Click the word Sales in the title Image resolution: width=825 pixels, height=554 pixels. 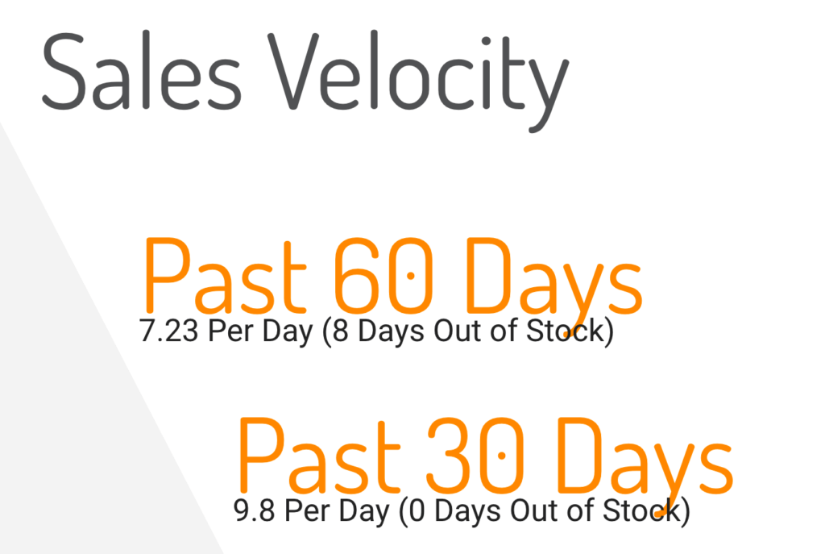click(x=141, y=71)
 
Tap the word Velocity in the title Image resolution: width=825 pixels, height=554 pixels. click(x=418, y=80)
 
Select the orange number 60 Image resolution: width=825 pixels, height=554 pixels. click(x=383, y=275)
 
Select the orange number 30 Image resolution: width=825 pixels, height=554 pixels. click(x=475, y=455)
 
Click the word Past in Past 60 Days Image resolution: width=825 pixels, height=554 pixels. click(x=225, y=275)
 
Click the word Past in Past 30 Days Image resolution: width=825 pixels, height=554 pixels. click(x=318, y=455)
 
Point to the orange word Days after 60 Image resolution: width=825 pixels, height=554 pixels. click(x=554, y=285)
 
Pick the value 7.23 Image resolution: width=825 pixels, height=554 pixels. click(x=169, y=331)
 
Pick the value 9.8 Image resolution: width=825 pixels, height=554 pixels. click(x=254, y=510)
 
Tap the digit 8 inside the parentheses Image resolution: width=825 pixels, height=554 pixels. click(x=341, y=331)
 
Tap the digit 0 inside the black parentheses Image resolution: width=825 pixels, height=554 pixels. click(x=417, y=510)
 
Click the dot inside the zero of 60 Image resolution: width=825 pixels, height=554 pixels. click(x=410, y=276)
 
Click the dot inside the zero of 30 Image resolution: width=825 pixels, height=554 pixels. click(x=501, y=456)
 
